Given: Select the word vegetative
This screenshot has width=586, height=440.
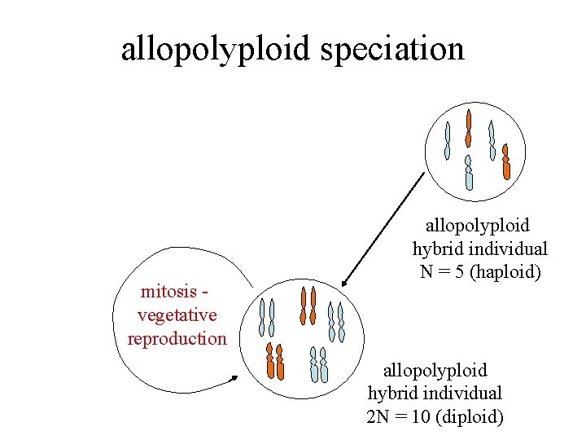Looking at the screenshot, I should [177, 315].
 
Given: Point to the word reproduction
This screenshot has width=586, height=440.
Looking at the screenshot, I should [177, 338].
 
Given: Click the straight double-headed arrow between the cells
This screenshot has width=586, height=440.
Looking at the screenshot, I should [383, 229].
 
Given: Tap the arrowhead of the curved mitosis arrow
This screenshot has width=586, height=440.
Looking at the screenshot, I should [235, 377].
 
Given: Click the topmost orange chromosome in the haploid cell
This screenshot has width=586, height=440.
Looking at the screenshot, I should [468, 127].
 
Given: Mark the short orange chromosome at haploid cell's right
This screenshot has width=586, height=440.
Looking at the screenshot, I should [505, 161].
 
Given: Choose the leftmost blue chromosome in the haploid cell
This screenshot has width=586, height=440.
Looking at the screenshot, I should [447, 140].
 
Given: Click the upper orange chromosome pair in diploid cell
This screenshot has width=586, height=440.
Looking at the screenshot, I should [308, 306].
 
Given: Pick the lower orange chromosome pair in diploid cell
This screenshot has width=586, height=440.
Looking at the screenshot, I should [275, 362].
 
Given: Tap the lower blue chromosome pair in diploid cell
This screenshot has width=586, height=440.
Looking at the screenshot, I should [319, 364].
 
